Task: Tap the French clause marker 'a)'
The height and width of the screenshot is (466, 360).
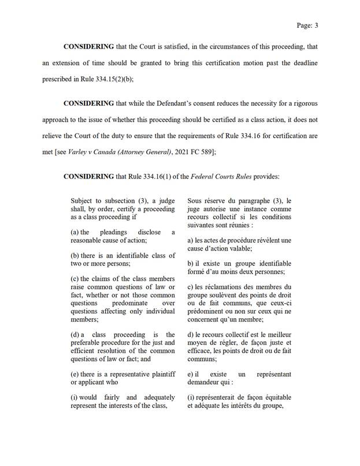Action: (x=191, y=240)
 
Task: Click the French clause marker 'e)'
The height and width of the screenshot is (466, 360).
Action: (x=191, y=375)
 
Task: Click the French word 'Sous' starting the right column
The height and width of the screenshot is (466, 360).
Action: (x=196, y=200)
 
